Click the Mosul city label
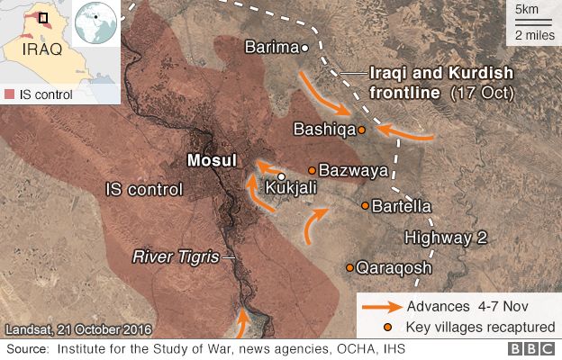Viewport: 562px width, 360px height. pyautogui.click(x=210, y=161)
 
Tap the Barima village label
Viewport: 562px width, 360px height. pyautogui.click(x=272, y=47)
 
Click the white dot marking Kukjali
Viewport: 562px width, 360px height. pyautogui.click(x=281, y=176)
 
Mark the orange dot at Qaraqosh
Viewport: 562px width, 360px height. pyautogui.click(x=350, y=267)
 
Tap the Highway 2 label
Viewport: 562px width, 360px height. pyautogui.click(x=445, y=238)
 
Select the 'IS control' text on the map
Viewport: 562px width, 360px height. pyautogui.click(x=143, y=190)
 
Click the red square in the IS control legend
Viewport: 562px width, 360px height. pyautogui.click(x=9, y=94)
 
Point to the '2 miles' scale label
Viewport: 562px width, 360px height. pyautogui.click(x=534, y=36)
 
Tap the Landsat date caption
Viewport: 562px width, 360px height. pyautogui.click(x=78, y=329)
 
